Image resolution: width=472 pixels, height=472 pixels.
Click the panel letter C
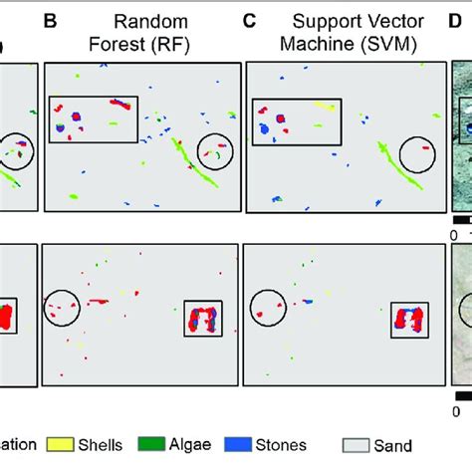click(250, 20)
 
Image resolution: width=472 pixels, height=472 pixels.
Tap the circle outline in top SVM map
click(417, 153)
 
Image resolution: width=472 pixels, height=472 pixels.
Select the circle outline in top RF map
click(215, 151)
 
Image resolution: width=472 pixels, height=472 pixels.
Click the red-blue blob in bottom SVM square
click(407, 320)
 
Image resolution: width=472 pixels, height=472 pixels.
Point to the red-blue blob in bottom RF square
click(203, 320)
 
